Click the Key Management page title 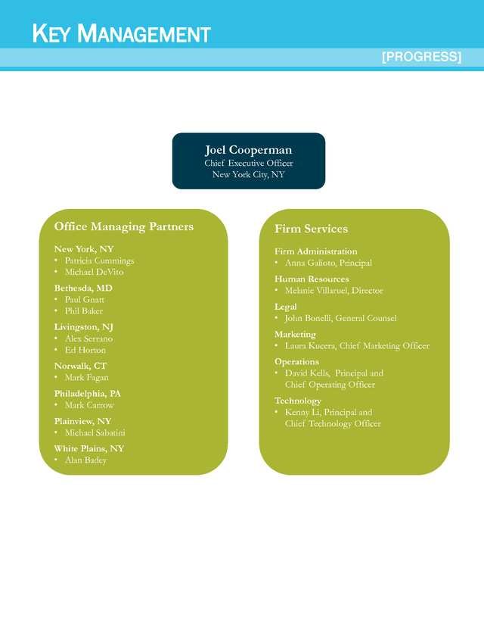pos(122,33)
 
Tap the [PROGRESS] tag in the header pos(421,56)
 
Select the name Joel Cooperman pos(248,150)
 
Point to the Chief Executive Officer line pos(248,163)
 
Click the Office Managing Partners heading pos(124,226)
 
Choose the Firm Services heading pos(311,229)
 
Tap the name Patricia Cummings pos(99,260)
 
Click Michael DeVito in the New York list pos(95,272)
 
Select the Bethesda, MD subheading pos(83,289)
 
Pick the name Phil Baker pos(84,311)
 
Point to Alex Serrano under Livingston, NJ pos(88,338)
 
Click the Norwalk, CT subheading pos(80,367)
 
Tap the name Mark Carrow pos(89,405)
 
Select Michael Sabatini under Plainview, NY pos(95,432)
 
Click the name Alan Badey pos(86,460)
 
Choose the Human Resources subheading pos(312,279)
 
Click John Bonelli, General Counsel pos(340,318)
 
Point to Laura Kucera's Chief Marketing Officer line pos(357,346)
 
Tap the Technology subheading pos(297,401)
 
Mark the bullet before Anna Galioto pos(276,262)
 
